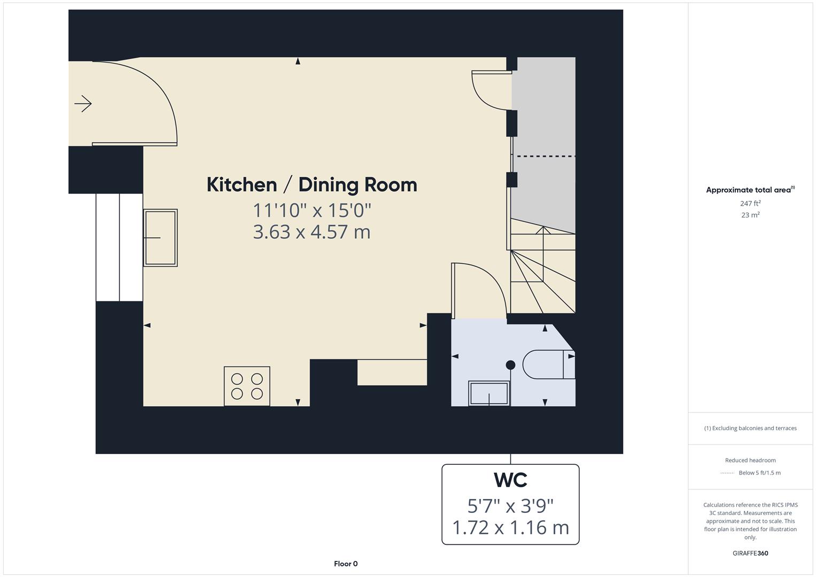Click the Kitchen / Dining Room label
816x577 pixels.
(312, 185)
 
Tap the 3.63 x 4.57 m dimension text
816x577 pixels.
(312, 232)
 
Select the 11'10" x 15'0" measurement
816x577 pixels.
(312, 210)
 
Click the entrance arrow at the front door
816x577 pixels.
(83, 104)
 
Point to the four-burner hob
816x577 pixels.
(247, 386)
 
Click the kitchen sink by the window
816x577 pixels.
(160, 238)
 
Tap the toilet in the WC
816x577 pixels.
(548, 364)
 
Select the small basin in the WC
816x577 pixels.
(488, 394)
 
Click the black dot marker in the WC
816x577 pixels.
(510, 365)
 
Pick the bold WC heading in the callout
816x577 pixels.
(510, 480)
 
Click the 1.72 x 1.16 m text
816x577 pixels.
(510, 527)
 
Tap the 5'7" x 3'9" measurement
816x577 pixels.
(510, 505)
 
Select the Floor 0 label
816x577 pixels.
(346, 564)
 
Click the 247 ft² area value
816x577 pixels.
(750, 204)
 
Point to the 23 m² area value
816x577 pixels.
(750, 215)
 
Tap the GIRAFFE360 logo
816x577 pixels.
(750, 553)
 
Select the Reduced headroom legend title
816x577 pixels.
(750, 460)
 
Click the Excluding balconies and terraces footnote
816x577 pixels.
(750, 428)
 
